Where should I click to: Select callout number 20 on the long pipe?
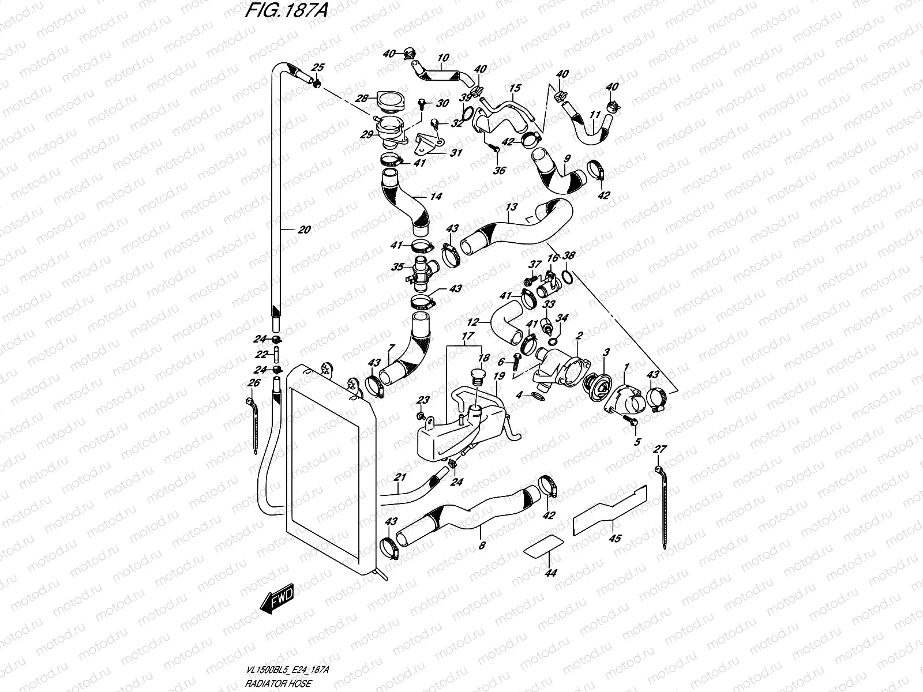click(x=304, y=230)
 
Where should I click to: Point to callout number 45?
click(x=615, y=539)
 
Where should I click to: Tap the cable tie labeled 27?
click(x=661, y=502)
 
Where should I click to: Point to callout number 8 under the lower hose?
click(x=482, y=544)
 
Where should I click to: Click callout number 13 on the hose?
click(x=511, y=206)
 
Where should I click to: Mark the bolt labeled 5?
click(x=633, y=426)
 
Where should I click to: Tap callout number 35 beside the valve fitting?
click(x=396, y=267)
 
